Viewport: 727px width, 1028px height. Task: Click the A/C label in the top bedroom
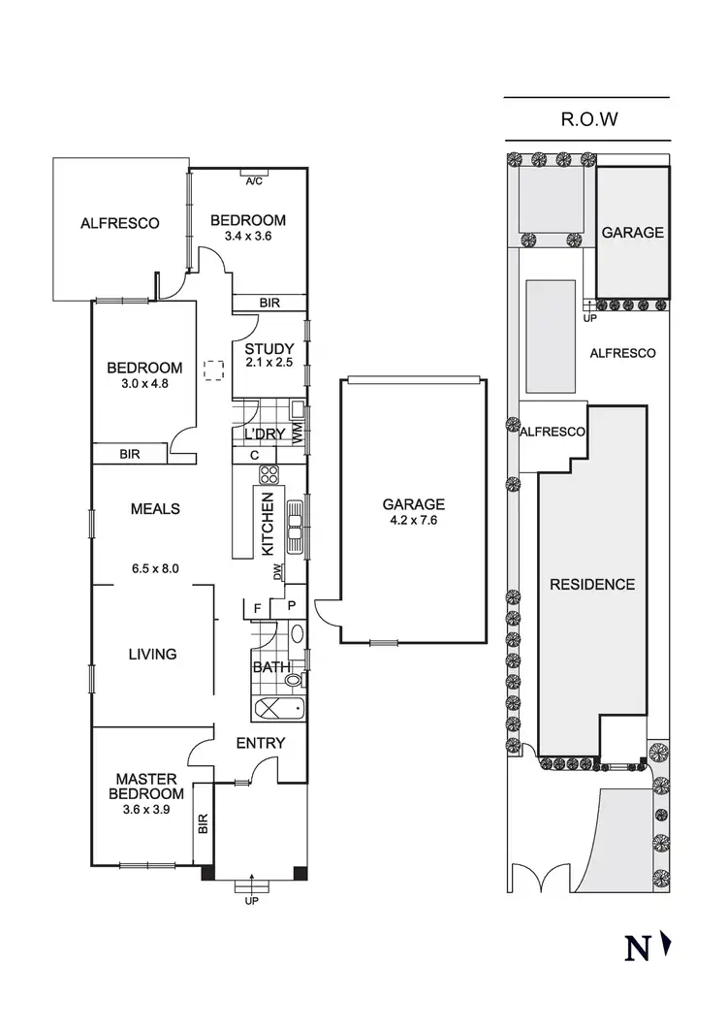(254, 181)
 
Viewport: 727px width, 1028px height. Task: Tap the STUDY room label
(262, 349)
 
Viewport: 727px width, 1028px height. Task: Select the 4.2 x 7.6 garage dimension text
(413, 520)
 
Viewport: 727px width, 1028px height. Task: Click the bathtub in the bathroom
(278, 709)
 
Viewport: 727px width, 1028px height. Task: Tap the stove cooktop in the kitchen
(269, 476)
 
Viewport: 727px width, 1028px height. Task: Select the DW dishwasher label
(278, 574)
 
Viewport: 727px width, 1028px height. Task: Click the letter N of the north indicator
(637, 948)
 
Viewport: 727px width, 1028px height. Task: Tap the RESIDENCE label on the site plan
(591, 584)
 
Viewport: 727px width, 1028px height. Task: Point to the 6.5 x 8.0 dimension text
(154, 568)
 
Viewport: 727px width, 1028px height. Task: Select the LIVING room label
(153, 654)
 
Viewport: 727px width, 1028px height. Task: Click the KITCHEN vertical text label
(269, 529)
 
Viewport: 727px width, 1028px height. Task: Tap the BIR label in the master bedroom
(204, 824)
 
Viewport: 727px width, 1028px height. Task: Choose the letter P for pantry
(291, 608)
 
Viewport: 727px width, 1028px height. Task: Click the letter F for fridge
(257, 608)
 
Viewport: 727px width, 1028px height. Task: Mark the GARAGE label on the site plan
(632, 233)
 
